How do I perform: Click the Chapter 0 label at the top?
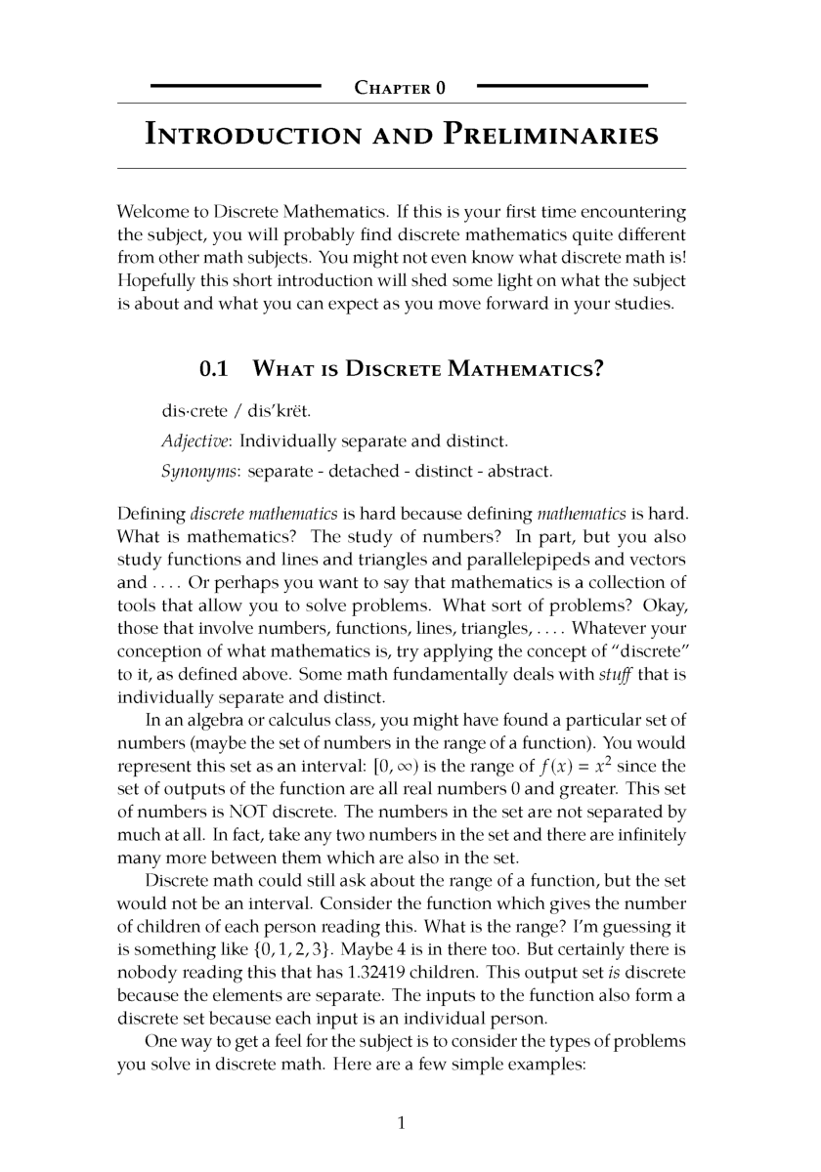click(400, 89)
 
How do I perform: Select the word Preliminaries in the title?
click(550, 135)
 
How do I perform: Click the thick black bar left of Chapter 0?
click(236, 87)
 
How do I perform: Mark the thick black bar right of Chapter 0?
click(562, 87)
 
